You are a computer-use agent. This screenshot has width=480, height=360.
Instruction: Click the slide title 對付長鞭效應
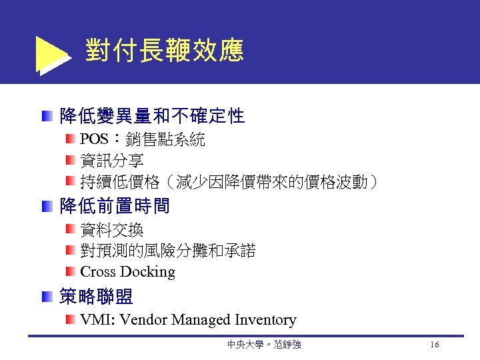click(164, 50)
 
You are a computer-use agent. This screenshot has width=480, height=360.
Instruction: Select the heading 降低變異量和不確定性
click(152, 117)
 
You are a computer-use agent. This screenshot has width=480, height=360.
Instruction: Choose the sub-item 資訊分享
click(111, 161)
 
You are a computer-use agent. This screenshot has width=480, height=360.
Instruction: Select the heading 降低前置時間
click(115, 206)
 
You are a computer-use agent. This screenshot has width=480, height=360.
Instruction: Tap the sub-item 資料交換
click(111, 231)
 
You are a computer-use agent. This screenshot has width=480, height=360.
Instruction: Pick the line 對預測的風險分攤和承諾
click(167, 251)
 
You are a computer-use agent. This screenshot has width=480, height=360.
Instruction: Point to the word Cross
click(98, 272)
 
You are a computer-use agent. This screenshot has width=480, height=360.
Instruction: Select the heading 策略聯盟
click(96, 296)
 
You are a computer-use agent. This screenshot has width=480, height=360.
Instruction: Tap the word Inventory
click(265, 320)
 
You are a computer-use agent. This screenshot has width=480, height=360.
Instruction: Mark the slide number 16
click(434, 345)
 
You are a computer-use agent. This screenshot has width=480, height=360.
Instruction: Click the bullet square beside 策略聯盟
click(45, 297)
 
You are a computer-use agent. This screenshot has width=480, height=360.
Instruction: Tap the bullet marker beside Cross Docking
click(70, 271)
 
